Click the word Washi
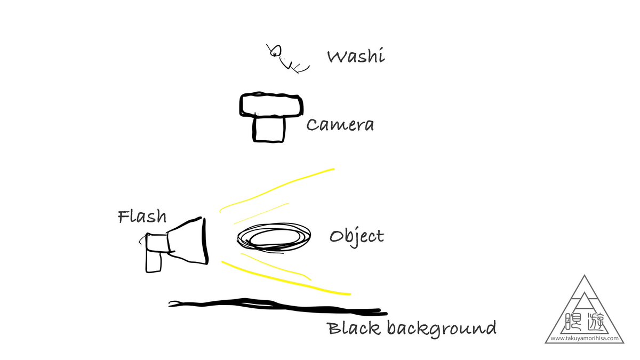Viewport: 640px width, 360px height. [356, 57]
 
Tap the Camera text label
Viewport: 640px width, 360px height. [340, 125]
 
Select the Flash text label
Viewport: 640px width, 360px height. [142, 217]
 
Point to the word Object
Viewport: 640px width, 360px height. [357, 236]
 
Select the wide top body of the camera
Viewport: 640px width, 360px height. [271, 105]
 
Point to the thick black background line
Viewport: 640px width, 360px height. [277, 307]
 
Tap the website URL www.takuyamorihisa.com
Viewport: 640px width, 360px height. [585, 338]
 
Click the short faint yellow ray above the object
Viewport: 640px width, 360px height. [261, 212]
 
